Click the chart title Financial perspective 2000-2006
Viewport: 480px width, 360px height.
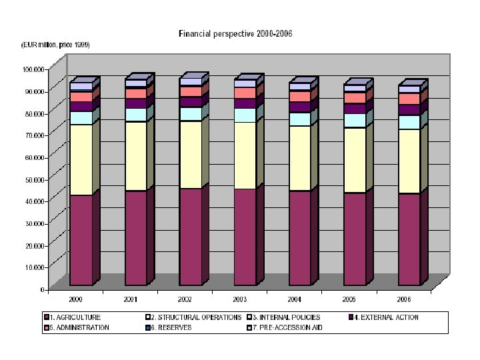(x=235, y=33)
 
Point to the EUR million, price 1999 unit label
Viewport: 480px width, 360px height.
(x=55, y=45)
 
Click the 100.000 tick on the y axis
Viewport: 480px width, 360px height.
(x=33, y=69)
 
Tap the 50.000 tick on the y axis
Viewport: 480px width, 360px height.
(x=35, y=180)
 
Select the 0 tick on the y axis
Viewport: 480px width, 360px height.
(x=43, y=289)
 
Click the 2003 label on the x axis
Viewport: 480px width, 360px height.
(x=240, y=299)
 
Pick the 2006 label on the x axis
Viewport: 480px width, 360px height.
(x=404, y=299)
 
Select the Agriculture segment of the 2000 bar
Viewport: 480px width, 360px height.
(x=81, y=240)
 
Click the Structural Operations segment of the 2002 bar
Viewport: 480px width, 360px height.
(x=191, y=155)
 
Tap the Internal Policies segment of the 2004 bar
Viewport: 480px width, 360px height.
(x=300, y=119)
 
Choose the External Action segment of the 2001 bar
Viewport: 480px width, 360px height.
(x=136, y=103)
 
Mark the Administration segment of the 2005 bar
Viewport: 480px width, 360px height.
(x=355, y=98)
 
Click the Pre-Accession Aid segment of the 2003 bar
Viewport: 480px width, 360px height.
(x=245, y=83)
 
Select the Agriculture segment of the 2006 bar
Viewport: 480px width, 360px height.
(x=409, y=239)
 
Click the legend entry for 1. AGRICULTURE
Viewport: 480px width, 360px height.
(x=72, y=317)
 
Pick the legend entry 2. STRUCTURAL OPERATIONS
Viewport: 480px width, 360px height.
(x=193, y=317)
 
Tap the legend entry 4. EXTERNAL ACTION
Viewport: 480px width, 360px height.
(x=383, y=317)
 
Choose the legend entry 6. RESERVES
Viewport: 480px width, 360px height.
(x=169, y=327)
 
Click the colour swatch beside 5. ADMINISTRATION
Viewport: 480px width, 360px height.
(x=47, y=327)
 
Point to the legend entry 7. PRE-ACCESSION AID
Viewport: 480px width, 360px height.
(x=285, y=327)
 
